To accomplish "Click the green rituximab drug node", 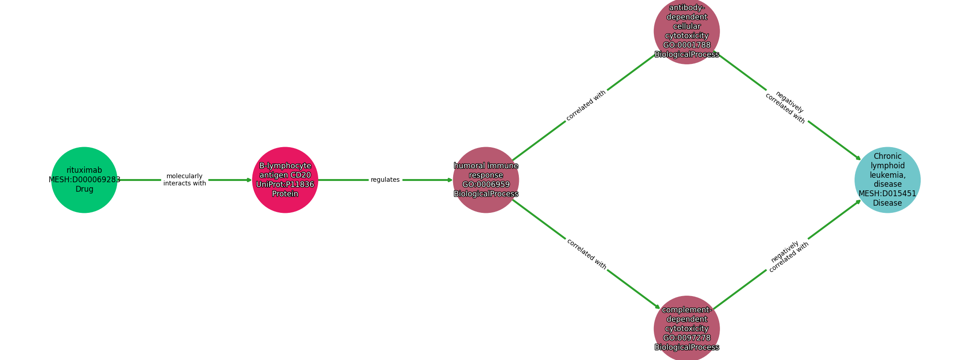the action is pos(84,180).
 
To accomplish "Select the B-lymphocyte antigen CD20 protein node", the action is pos(285,180).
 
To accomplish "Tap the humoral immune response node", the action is pos(486,180).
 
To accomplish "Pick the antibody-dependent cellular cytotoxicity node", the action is pos(687,31).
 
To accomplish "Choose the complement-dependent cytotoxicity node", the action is pos(687,328).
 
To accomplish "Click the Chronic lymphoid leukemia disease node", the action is pos(887,180).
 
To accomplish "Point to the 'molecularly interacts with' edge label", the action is pos(184,180).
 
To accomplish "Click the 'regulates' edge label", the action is pos(385,180).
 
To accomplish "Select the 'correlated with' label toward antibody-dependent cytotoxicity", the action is pos(586,105).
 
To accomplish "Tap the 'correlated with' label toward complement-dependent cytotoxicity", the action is pos(586,254).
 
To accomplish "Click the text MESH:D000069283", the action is pos(85,180).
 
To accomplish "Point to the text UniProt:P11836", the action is pos(285,184).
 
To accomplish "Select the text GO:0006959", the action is pos(486,184).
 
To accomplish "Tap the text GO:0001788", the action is pos(687,45).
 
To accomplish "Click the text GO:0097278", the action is pos(687,338).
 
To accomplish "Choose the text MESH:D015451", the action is pos(887,193).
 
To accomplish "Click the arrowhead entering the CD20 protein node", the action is pos(249,180).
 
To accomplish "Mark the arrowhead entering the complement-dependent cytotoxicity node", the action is pos(657,307).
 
